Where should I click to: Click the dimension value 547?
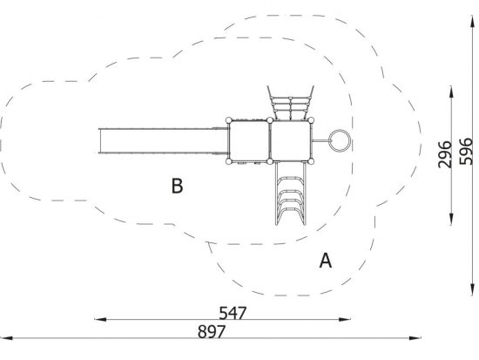tap(233, 313)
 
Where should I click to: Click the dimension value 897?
tap(212, 331)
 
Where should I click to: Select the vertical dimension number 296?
tap(444, 154)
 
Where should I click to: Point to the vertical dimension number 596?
tap(466, 152)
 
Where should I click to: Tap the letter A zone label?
tap(326, 261)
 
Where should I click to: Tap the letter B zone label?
tap(177, 186)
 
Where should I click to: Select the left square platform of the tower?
tap(249, 140)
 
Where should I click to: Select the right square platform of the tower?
tap(290, 140)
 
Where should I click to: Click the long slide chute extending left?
tap(164, 140)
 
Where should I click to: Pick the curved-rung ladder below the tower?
tap(291, 194)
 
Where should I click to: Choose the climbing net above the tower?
tap(291, 103)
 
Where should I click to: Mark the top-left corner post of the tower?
tap(229, 120)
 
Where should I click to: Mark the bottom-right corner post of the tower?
tap(311, 161)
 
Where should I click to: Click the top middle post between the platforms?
tap(270, 120)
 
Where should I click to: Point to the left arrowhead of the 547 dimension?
tap(100, 320)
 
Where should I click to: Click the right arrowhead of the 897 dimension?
tap(415, 338)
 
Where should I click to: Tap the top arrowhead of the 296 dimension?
tap(451, 92)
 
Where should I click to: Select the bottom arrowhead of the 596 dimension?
tap(472, 289)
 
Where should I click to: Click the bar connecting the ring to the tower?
tap(320, 140)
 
